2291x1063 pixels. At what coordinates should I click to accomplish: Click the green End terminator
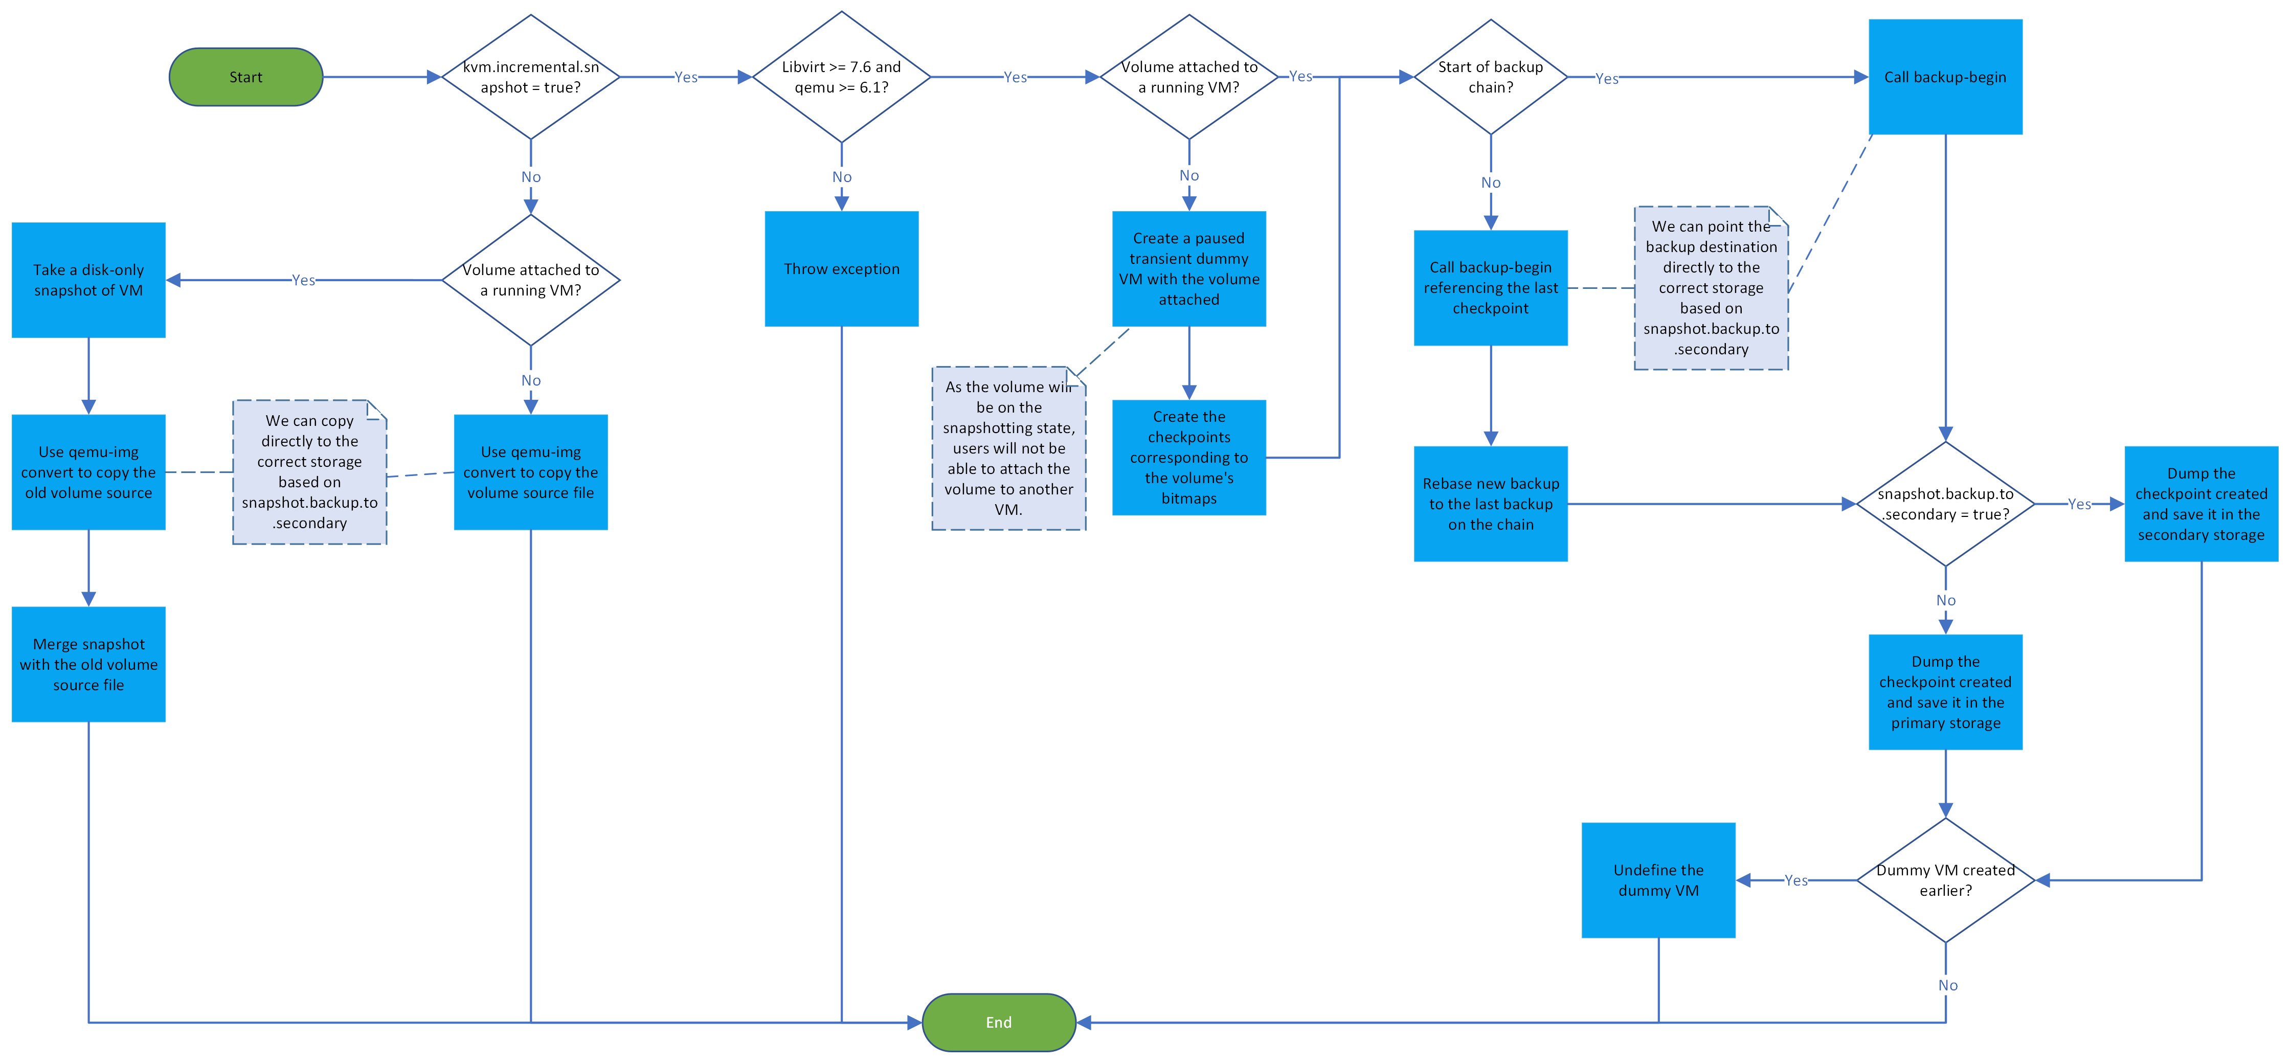999,1022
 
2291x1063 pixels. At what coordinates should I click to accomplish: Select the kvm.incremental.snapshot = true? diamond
531,77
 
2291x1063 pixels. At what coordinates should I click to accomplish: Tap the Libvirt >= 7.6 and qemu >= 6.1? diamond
841,77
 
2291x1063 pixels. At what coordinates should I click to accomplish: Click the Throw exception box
841,268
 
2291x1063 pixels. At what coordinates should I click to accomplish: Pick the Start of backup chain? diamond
1491,77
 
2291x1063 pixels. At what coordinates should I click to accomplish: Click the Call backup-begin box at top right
1945,77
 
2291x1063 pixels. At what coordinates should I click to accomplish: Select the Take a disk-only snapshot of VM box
89,280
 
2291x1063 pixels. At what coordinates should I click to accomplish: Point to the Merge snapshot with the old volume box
89,665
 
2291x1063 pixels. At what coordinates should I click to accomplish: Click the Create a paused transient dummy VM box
1189,268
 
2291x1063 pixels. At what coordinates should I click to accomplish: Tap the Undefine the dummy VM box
1658,880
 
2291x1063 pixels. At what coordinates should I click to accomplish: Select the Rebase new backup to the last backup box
1491,504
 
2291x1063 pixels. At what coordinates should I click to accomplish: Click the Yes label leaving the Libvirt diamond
1015,77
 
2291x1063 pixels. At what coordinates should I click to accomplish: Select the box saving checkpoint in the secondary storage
2201,504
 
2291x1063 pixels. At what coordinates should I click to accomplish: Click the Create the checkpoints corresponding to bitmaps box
1189,457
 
